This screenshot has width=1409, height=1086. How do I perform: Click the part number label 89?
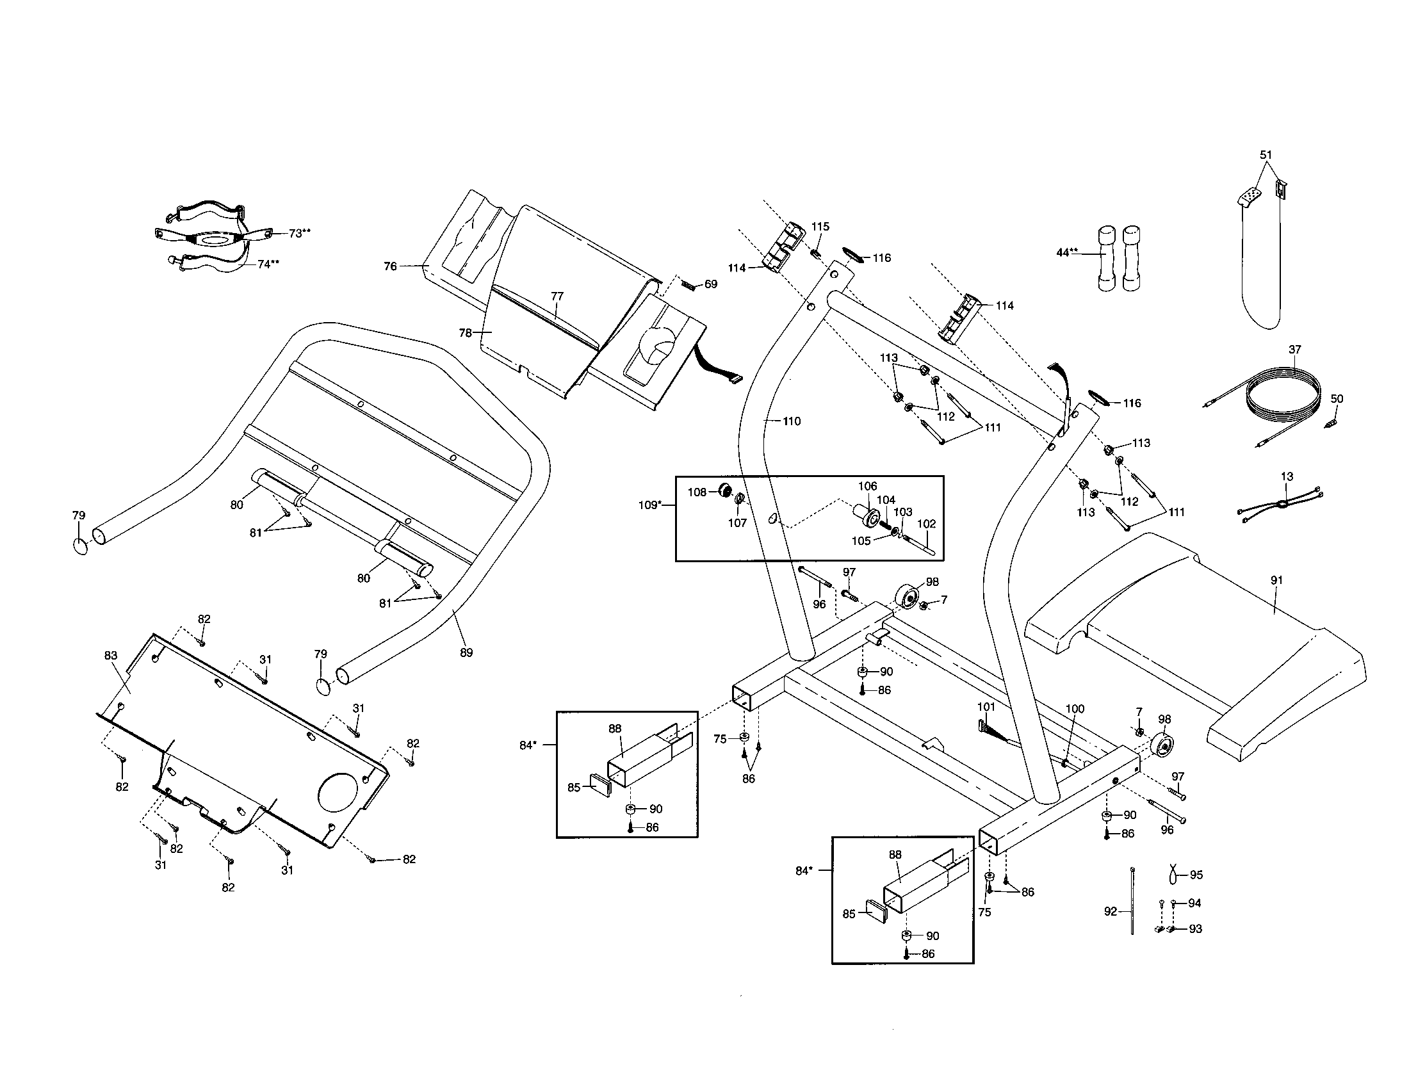[466, 652]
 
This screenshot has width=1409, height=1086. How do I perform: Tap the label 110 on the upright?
[791, 421]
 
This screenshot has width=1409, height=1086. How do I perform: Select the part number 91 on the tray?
[1276, 580]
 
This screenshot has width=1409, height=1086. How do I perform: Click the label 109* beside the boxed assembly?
[649, 505]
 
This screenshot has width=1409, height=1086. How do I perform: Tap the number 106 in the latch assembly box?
[867, 486]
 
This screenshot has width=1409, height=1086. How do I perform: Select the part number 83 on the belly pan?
[111, 655]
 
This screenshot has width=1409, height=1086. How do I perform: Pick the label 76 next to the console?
[390, 266]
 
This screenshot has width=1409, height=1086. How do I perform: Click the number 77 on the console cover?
[557, 296]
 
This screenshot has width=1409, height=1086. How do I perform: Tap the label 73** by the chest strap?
[298, 234]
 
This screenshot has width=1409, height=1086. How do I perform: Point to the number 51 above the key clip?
[1266, 155]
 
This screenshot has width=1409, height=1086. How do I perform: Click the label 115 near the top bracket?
[820, 227]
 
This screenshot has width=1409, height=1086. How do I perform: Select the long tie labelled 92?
[1132, 903]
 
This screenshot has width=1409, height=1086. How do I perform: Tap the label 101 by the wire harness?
[986, 707]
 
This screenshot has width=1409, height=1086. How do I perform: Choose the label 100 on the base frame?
[1074, 709]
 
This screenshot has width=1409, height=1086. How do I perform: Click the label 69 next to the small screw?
[710, 284]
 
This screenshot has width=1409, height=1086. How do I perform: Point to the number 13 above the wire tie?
[1287, 476]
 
